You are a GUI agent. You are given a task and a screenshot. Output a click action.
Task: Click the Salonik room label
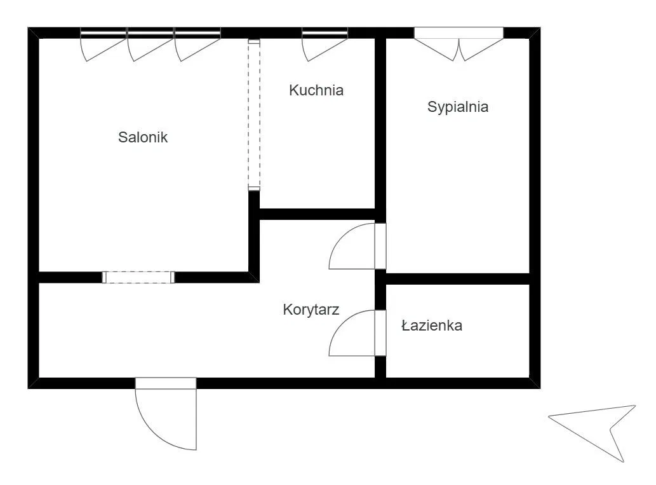[143, 137]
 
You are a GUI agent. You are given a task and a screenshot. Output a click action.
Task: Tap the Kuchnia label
[316, 90]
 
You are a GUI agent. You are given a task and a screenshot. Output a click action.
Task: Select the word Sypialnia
[458, 107]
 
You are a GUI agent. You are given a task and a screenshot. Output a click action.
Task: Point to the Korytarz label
[311, 310]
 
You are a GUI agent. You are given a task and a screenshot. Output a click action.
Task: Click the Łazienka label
[432, 325]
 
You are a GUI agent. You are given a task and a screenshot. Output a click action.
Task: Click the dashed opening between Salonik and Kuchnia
[254, 115]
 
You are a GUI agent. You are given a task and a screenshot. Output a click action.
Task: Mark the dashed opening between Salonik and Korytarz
[138, 277]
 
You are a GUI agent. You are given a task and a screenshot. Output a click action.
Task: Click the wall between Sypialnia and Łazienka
[458, 279]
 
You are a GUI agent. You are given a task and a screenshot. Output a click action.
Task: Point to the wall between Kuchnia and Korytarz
[317, 214]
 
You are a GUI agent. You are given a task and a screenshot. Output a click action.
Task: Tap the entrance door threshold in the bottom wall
[166, 383]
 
